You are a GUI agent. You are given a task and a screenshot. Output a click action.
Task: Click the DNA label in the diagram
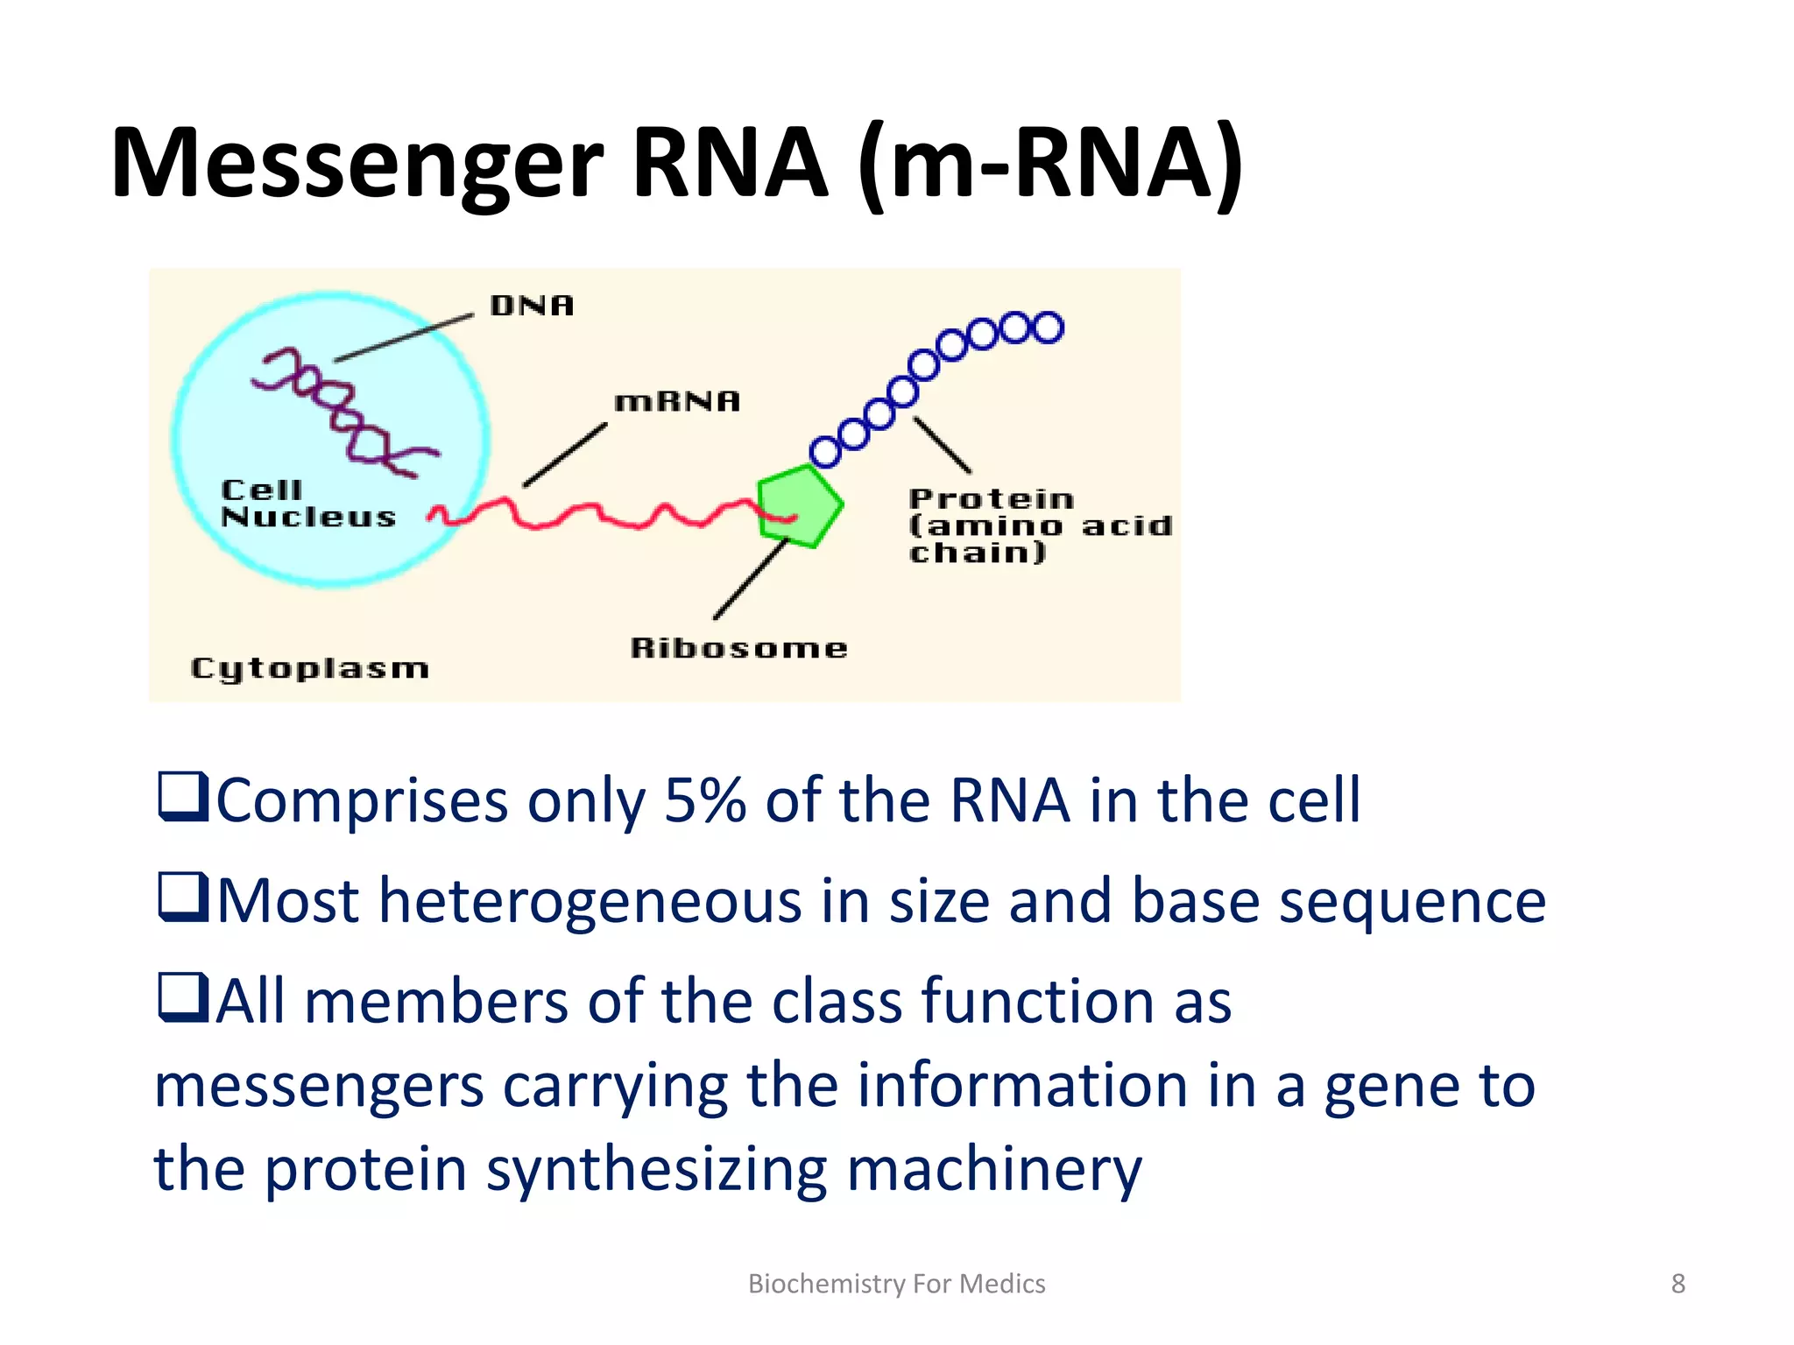point(532,306)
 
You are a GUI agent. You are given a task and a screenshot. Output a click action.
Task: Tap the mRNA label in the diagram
point(677,402)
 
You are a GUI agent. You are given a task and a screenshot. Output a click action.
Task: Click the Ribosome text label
point(738,648)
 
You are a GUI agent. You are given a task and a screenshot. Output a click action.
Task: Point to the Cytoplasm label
point(309,669)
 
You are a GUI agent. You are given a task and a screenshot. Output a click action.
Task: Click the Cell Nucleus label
point(307,503)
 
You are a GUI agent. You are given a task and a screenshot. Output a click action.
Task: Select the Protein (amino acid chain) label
point(1039,525)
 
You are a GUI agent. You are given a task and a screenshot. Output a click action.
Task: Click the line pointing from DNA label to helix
point(403,338)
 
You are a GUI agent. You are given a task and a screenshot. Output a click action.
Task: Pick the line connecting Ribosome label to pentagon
point(752,580)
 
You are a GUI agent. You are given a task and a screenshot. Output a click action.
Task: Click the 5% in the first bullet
point(705,800)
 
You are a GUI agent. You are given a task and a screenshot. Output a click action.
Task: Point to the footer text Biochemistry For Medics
point(896,1284)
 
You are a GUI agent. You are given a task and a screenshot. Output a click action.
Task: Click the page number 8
point(1677,1284)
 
